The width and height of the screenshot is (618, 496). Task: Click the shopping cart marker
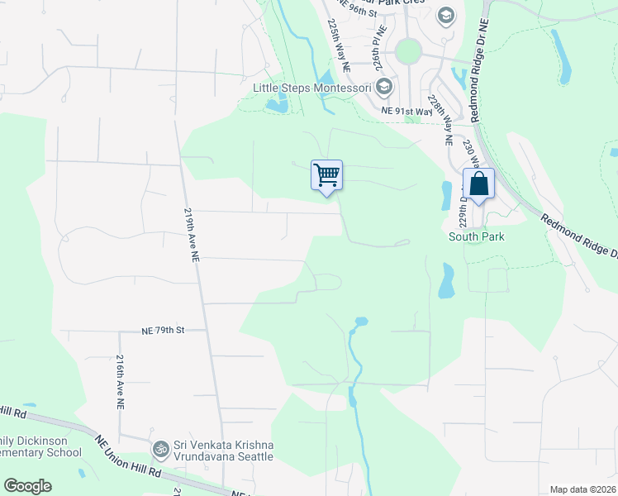(x=326, y=175)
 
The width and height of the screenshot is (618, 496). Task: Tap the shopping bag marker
(x=478, y=184)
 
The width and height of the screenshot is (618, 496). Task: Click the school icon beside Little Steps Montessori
(x=384, y=86)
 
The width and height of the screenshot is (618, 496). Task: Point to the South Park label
(x=476, y=236)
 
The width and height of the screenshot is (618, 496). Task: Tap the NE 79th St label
(x=162, y=330)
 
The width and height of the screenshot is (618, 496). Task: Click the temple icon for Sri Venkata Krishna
(x=160, y=449)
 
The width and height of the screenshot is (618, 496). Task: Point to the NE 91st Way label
(x=406, y=110)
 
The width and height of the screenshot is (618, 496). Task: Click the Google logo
(x=27, y=486)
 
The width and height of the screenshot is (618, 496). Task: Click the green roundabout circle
(x=408, y=52)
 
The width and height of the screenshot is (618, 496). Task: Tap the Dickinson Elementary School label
(x=41, y=446)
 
